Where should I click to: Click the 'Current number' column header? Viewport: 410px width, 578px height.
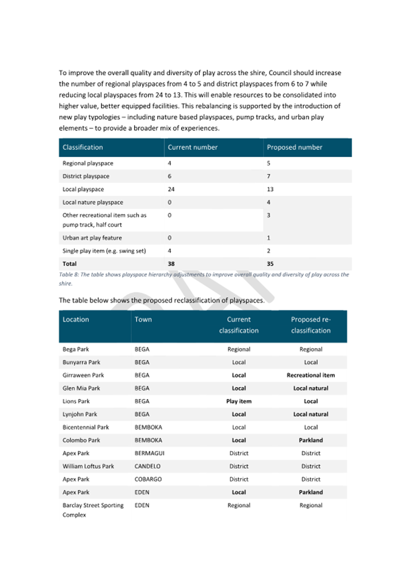click(193, 147)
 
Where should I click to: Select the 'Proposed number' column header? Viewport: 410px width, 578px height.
click(295, 147)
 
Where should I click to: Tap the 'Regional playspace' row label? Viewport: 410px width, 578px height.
click(88, 164)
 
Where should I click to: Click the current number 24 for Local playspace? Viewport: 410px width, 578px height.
click(171, 189)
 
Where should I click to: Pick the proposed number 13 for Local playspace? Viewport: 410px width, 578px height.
click(272, 189)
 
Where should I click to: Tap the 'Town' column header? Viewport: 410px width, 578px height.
click(143, 320)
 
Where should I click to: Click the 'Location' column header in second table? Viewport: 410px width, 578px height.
click(76, 320)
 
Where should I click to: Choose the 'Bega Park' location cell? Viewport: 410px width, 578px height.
click(77, 349)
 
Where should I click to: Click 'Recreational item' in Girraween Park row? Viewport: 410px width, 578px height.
click(310, 375)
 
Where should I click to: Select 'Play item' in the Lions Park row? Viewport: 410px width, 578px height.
click(239, 402)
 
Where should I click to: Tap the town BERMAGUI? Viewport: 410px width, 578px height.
click(149, 453)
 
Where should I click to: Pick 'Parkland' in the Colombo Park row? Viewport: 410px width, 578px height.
click(310, 440)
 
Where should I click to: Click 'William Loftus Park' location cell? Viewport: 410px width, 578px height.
click(89, 466)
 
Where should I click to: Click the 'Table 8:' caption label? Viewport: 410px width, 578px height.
click(70, 274)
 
